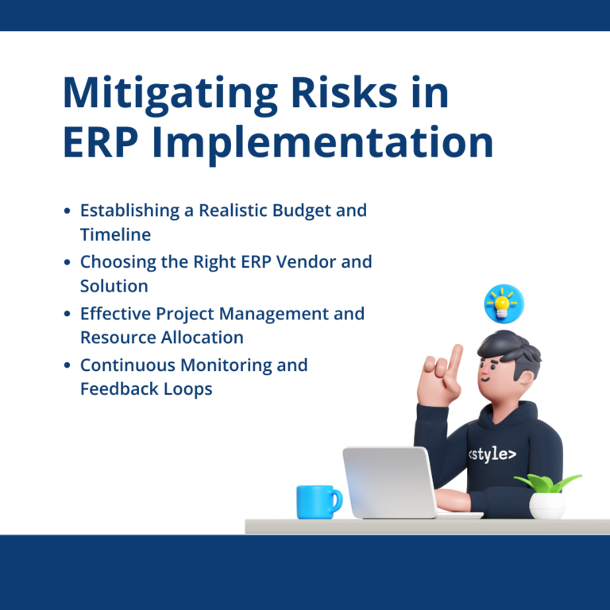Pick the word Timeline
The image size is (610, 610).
pos(115,234)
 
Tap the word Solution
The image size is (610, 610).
pos(114,285)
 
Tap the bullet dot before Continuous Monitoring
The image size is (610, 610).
pos(67,366)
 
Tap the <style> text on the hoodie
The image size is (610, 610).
pos(491,454)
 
